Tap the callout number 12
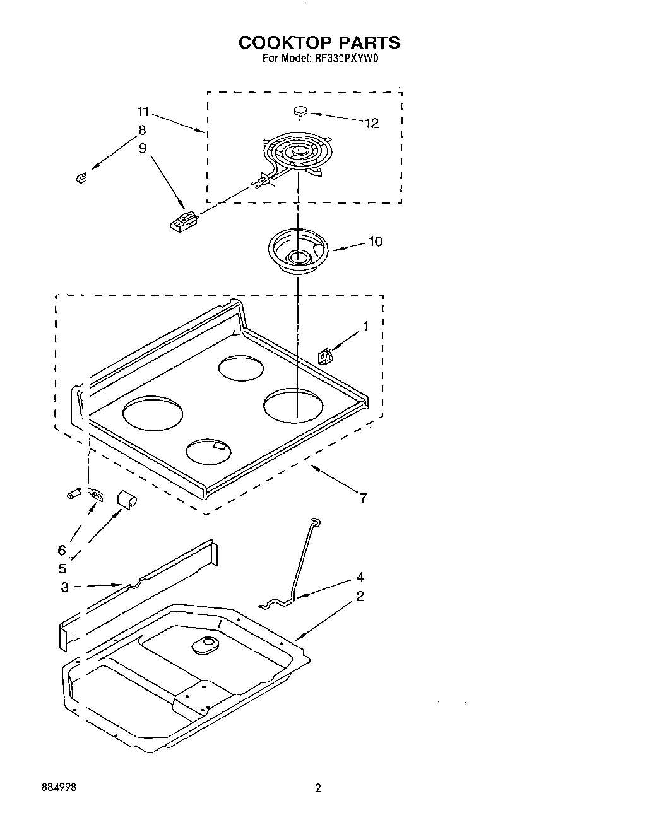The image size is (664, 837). coord(372,124)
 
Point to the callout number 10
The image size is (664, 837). coord(375,242)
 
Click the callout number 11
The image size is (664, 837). coord(143,112)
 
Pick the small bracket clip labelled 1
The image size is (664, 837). coord(325,357)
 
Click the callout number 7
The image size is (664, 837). coord(363,498)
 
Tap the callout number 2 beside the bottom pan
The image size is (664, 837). coord(359,596)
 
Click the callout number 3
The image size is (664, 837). coord(65,587)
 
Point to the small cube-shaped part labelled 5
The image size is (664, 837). coord(127,499)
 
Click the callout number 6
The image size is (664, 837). coord(62,549)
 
